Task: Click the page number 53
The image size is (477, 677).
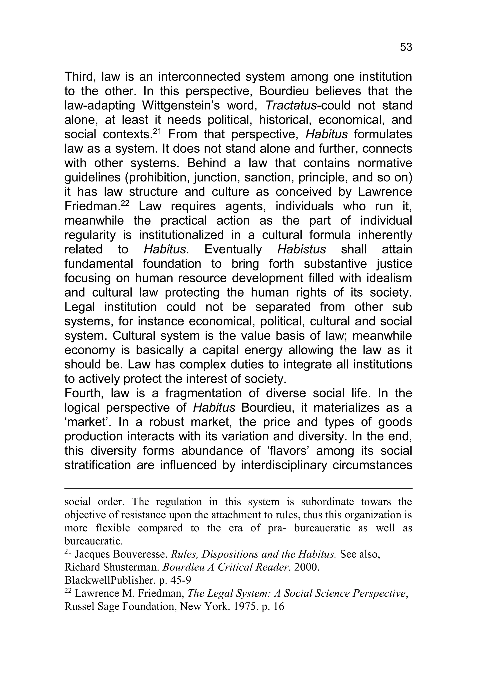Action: click(406, 47)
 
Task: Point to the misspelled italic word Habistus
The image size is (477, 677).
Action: click(301, 250)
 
